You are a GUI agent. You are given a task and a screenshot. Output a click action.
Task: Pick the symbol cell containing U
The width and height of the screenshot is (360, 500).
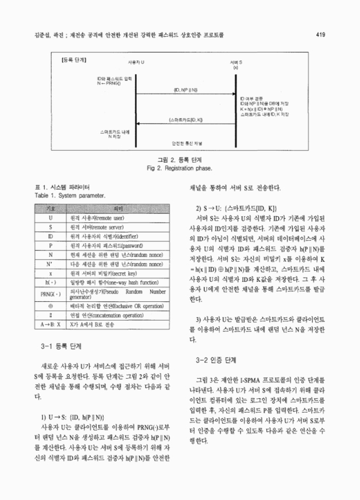point(49,218)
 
